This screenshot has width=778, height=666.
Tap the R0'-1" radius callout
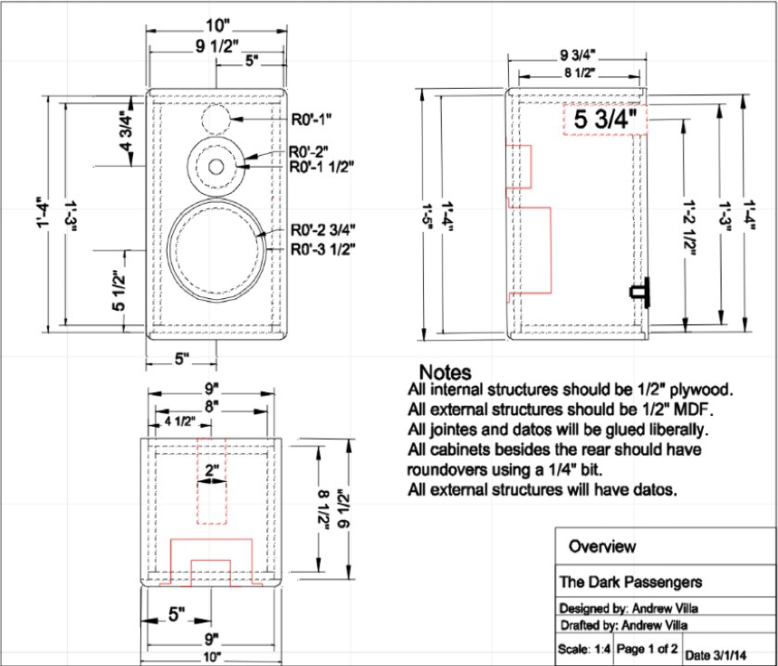click(312, 118)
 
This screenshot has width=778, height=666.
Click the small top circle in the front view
click(217, 120)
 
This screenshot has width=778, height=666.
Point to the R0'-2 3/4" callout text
click(322, 229)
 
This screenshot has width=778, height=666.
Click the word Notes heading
click(445, 372)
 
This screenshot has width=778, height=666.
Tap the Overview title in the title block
click(601, 546)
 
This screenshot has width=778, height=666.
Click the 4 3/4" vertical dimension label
click(126, 128)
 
